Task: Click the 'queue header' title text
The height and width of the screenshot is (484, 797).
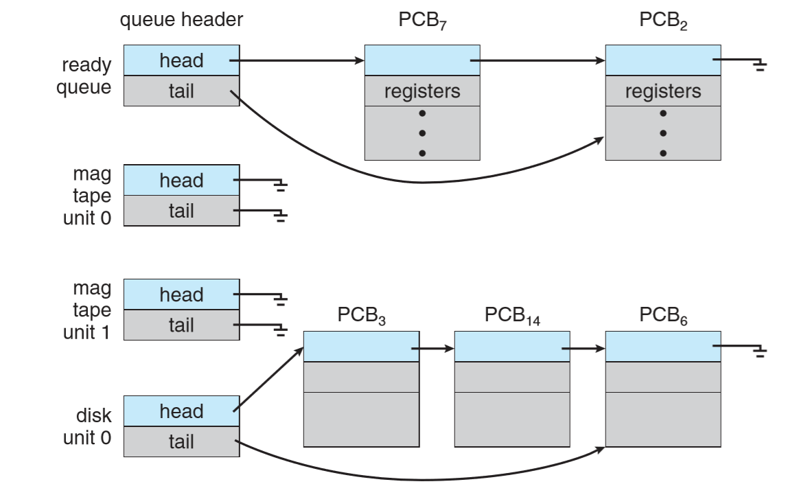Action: (181, 20)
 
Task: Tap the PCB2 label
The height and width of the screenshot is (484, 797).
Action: (663, 21)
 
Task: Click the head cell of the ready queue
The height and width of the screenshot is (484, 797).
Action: (181, 60)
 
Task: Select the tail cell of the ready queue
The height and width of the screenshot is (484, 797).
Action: (181, 91)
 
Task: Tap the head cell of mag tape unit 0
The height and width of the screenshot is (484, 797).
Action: (181, 181)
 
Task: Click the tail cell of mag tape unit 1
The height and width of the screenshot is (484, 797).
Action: (181, 325)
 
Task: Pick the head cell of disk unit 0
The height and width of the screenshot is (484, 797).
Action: (181, 411)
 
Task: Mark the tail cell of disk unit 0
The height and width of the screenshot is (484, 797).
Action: (181, 441)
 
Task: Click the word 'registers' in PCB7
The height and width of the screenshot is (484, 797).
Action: (422, 91)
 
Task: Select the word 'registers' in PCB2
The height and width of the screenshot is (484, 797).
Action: (663, 91)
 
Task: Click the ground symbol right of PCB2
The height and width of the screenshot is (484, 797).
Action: (759, 65)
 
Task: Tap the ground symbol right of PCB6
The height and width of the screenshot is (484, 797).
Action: (759, 353)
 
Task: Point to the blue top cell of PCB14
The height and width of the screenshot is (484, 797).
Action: (512, 347)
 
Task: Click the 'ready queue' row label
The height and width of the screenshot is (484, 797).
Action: (86, 76)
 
